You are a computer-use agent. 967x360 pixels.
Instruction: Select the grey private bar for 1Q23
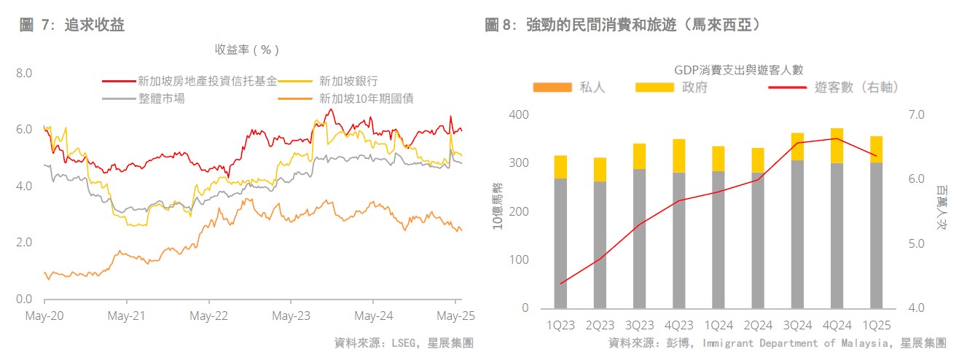pos(560,243)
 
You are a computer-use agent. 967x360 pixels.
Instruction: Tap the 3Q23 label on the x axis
pos(639,326)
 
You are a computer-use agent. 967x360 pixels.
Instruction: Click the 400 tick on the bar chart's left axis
pos(519,115)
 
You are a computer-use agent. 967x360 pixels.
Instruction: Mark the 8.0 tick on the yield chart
pos(24,73)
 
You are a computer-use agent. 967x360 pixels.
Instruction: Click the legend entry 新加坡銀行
pos(348,81)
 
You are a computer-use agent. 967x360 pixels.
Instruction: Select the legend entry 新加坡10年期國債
pos(367,98)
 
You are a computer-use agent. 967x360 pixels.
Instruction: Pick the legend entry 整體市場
pos(161,98)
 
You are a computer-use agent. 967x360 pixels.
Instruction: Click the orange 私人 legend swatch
pos(552,87)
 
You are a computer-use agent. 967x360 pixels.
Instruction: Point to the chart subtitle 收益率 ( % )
pos(247,50)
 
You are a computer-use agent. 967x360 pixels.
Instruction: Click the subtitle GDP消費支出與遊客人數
pos(738,70)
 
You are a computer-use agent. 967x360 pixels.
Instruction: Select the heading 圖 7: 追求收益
pos(72,26)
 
